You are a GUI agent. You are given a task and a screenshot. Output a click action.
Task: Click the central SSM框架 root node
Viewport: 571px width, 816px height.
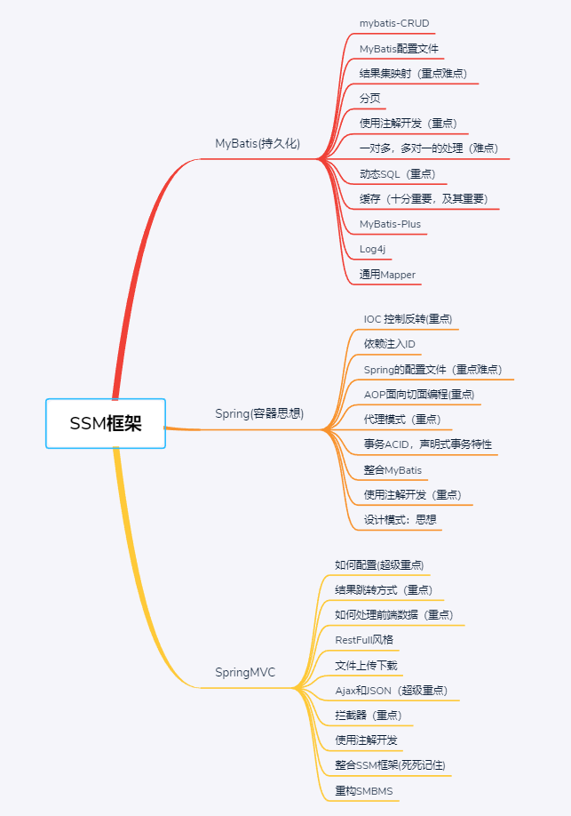[x=106, y=423]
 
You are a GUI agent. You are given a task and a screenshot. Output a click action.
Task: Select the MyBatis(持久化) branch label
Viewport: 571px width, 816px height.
[x=258, y=143]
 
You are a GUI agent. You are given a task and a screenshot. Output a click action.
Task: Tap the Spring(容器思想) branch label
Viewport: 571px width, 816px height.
[x=259, y=413]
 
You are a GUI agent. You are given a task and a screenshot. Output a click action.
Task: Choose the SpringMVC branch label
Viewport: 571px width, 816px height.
[x=245, y=672]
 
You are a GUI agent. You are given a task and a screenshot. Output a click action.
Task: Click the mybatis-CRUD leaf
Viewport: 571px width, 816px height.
[x=395, y=22]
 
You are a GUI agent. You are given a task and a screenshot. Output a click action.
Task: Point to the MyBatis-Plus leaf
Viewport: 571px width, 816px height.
[x=390, y=224]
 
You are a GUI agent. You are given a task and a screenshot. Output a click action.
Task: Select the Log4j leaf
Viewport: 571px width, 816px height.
[x=372, y=249]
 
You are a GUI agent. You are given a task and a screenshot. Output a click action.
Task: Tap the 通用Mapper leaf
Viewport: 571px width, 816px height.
[x=387, y=275]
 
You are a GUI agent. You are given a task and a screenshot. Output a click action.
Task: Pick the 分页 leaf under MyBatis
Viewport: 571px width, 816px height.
[x=369, y=98]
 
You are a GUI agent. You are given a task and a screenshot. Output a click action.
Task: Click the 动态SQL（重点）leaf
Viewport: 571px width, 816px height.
[x=397, y=173]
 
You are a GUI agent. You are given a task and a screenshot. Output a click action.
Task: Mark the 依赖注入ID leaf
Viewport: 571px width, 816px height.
[x=389, y=343]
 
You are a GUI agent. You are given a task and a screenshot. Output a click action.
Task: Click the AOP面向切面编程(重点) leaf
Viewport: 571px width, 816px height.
[x=418, y=394]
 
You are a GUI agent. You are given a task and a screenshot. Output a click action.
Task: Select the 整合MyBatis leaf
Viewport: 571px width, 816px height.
[x=393, y=469]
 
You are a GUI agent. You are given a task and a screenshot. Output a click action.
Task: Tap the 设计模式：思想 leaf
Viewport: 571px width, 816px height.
[x=400, y=520]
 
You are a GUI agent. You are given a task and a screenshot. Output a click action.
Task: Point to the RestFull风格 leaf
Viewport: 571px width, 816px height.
[x=364, y=639]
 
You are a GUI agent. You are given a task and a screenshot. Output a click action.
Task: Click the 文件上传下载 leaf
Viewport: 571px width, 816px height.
[x=366, y=665]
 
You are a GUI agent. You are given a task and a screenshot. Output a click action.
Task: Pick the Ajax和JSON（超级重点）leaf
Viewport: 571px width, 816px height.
[x=391, y=690]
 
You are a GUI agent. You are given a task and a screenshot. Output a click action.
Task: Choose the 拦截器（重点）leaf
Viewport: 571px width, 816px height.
[x=368, y=715]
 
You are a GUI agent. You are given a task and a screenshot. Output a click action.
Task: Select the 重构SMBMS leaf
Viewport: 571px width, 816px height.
[x=363, y=790]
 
